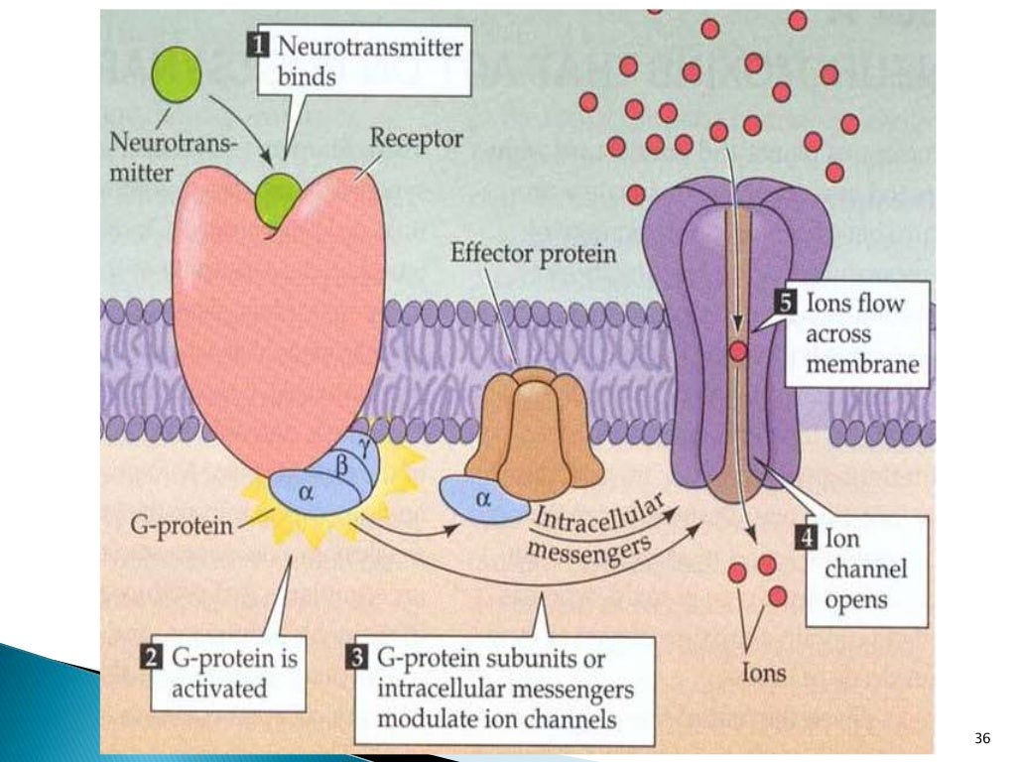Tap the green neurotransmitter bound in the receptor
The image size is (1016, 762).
(x=279, y=198)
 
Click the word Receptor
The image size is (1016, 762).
(x=416, y=139)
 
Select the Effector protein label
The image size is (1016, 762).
(x=533, y=253)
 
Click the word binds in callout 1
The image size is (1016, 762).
(x=304, y=74)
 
